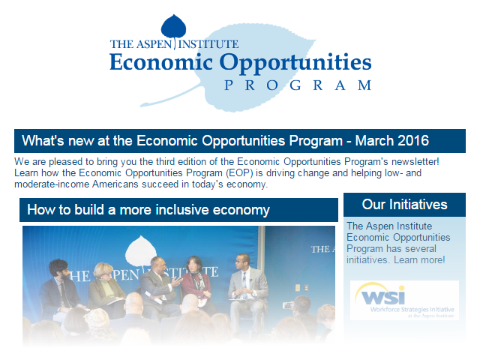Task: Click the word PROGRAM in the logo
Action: click(x=297, y=85)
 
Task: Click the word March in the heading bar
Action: click(x=374, y=141)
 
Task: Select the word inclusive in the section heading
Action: click(x=176, y=210)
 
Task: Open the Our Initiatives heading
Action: click(x=404, y=204)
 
